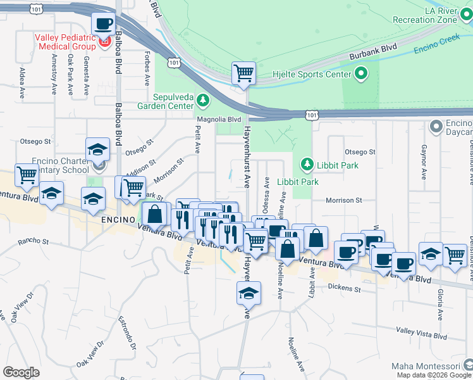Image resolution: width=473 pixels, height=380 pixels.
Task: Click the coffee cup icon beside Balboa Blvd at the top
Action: click(103, 25)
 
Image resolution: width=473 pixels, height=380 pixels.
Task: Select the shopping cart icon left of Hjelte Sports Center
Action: click(243, 73)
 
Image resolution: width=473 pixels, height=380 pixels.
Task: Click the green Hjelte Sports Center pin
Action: click(361, 75)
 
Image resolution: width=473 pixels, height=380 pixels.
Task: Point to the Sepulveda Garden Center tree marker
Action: click(202, 100)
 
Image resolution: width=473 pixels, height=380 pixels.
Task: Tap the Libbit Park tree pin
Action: click(307, 165)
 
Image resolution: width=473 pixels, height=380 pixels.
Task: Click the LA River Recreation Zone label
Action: click(441, 15)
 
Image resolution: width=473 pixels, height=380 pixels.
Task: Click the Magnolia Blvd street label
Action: click(219, 119)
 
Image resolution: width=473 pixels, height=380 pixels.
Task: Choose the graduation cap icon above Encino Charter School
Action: click(98, 149)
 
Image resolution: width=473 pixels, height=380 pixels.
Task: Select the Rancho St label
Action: click(34, 241)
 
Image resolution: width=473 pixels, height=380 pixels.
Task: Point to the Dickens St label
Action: click(344, 288)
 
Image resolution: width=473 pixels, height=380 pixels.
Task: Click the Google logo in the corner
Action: click(21, 372)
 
